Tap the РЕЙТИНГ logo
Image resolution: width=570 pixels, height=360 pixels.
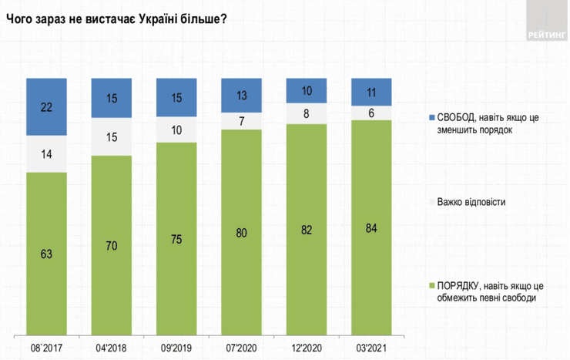click(x=548, y=35)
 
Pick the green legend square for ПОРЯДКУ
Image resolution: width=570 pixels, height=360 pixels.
click(x=431, y=286)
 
